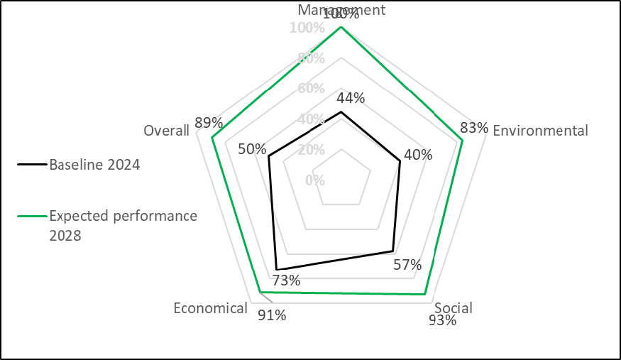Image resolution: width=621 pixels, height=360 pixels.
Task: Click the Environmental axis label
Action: click(540, 131)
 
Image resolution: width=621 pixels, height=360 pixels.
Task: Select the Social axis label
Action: click(454, 308)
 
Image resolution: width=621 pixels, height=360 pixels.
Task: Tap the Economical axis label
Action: click(211, 308)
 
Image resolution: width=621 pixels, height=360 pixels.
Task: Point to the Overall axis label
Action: click(166, 131)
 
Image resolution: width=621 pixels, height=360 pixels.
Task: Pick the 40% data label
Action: click(417, 154)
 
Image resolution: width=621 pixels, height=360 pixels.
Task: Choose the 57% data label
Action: click(407, 266)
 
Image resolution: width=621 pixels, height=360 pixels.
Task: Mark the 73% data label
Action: click(286, 280)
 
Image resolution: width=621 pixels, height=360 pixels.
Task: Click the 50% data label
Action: click(252, 149)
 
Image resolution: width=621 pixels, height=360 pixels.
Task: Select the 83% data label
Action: click(474, 128)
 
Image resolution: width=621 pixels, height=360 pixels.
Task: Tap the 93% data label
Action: click(443, 320)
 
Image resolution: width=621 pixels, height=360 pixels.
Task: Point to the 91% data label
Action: click(272, 315)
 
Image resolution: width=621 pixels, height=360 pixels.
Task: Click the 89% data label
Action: click(209, 122)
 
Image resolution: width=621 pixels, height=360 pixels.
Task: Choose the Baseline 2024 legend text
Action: click(94, 165)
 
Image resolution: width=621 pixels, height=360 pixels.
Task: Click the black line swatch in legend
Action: click(32, 165)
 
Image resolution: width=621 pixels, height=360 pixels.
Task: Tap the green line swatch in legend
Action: click(32, 216)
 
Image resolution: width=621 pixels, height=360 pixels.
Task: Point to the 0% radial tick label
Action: click(314, 180)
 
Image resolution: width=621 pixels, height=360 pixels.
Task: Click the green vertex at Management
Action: click(341, 27)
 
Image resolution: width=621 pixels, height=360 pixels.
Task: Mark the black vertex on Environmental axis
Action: click(400, 161)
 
